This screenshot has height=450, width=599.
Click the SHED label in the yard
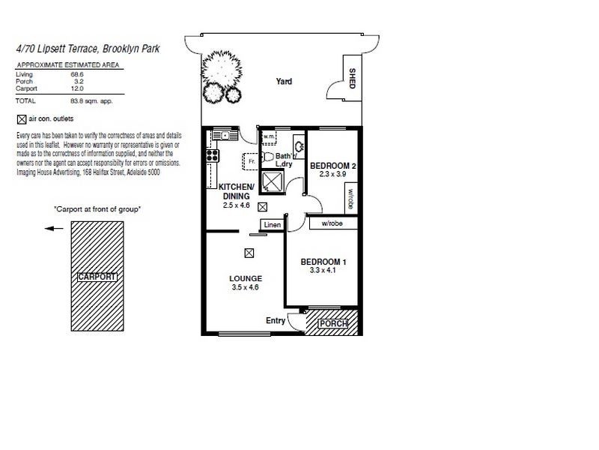tap(352, 77)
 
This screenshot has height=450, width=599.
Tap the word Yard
tap(284, 102)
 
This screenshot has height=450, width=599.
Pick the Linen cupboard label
tap(272, 225)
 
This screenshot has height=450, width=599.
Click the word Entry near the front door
tap(276, 320)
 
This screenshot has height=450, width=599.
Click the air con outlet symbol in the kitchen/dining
tap(262, 206)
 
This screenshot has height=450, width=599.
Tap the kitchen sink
tap(221, 136)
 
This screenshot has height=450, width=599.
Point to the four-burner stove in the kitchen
tap(213, 156)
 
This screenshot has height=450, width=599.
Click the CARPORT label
tap(97, 277)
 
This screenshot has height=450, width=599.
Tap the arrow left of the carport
tap(52, 229)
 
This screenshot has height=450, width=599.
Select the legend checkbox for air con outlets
tap(20, 118)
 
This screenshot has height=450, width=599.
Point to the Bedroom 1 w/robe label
tap(332, 223)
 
